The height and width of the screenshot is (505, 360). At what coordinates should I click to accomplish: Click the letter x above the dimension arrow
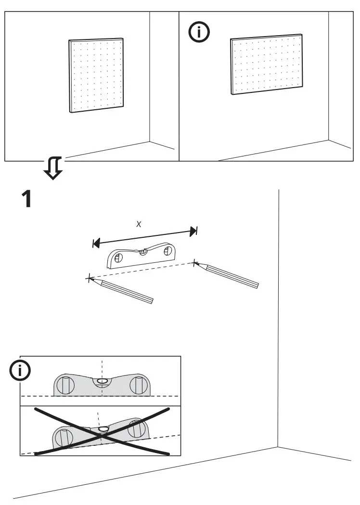139,224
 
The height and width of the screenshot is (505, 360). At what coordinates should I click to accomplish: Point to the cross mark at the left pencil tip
88,278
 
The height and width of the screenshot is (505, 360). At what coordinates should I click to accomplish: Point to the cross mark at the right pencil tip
194,262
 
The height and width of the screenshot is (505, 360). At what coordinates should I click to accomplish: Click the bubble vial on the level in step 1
142,252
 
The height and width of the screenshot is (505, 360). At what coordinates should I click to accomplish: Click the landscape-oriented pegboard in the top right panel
267,65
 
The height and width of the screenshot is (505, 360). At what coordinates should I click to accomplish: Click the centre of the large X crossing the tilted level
102,431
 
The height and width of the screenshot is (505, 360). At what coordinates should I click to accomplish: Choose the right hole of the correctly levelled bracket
136,385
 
